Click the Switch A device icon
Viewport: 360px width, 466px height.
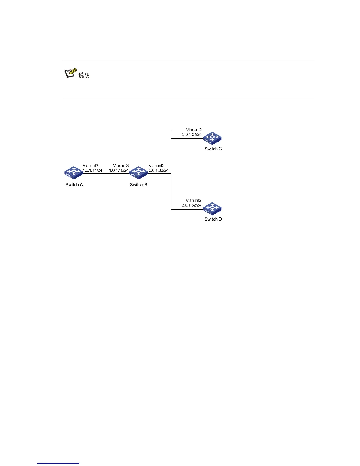click(x=74, y=173)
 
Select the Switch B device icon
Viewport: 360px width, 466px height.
click(x=139, y=173)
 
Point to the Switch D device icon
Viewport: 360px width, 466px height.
click(x=212, y=209)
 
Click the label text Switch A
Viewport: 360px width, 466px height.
click(x=74, y=185)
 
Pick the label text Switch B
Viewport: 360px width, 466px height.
click(x=139, y=185)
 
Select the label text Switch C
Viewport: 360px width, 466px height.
click(x=213, y=149)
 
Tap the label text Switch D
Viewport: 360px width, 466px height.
click(x=213, y=219)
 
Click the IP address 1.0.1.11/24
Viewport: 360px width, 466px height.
click(x=93, y=170)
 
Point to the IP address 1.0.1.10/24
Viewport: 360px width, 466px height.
click(x=119, y=170)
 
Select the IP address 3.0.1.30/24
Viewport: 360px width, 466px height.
click(x=159, y=170)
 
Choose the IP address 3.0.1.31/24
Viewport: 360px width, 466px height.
click(x=192, y=134)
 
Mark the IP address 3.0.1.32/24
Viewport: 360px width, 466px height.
click(x=191, y=205)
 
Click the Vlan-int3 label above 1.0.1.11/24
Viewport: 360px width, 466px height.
click(x=91, y=166)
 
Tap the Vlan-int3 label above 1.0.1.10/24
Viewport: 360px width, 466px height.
click(x=121, y=166)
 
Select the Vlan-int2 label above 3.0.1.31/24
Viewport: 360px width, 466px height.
click(x=194, y=130)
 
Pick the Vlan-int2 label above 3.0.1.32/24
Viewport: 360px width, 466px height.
click(x=194, y=200)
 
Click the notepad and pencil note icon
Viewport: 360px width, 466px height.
click(x=71, y=73)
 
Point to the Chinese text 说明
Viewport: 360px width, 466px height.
click(x=84, y=75)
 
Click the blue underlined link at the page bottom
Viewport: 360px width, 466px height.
click(x=58, y=464)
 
